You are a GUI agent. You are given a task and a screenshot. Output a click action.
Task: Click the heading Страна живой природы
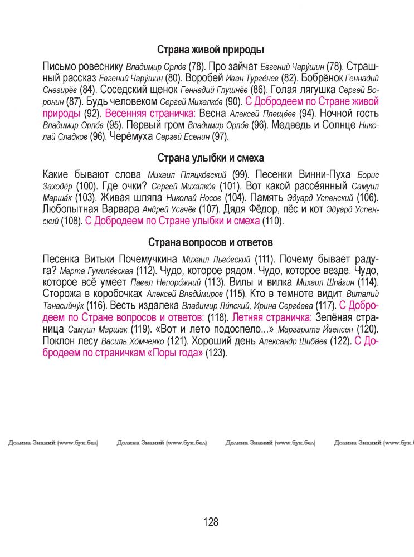coord(210,50)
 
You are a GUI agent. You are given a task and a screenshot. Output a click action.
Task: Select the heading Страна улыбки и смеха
coord(210,158)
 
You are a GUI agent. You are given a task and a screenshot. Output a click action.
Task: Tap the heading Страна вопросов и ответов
coord(210,243)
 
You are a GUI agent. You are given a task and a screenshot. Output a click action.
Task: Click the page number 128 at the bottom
coord(211,522)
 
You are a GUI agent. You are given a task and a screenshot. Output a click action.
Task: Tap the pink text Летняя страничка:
coord(271,317)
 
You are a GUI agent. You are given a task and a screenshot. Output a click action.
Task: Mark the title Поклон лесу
coord(71,340)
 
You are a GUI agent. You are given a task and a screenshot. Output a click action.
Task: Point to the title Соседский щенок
coord(138,89)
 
